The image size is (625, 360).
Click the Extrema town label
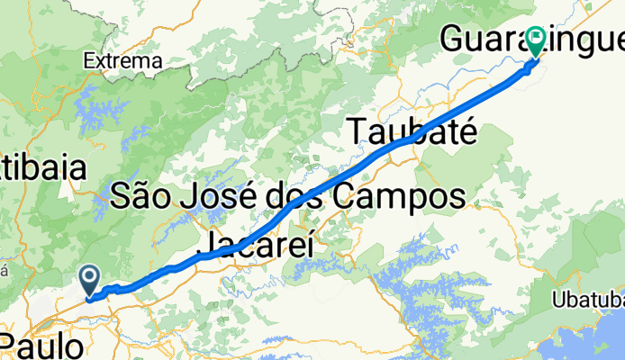[122, 61]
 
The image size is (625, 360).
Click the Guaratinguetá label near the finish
[531, 40]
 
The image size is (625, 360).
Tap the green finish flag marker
[538, 40]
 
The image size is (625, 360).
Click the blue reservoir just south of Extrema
[95, 108]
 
